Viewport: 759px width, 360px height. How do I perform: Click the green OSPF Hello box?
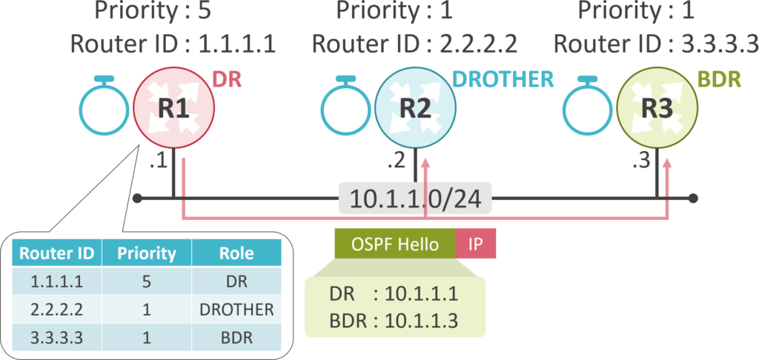394,244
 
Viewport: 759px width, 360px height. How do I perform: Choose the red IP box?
475,244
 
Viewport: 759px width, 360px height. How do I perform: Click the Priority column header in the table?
147,254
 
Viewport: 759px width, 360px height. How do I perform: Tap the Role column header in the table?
236,254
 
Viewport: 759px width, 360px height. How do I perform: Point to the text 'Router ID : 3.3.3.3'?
656,43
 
